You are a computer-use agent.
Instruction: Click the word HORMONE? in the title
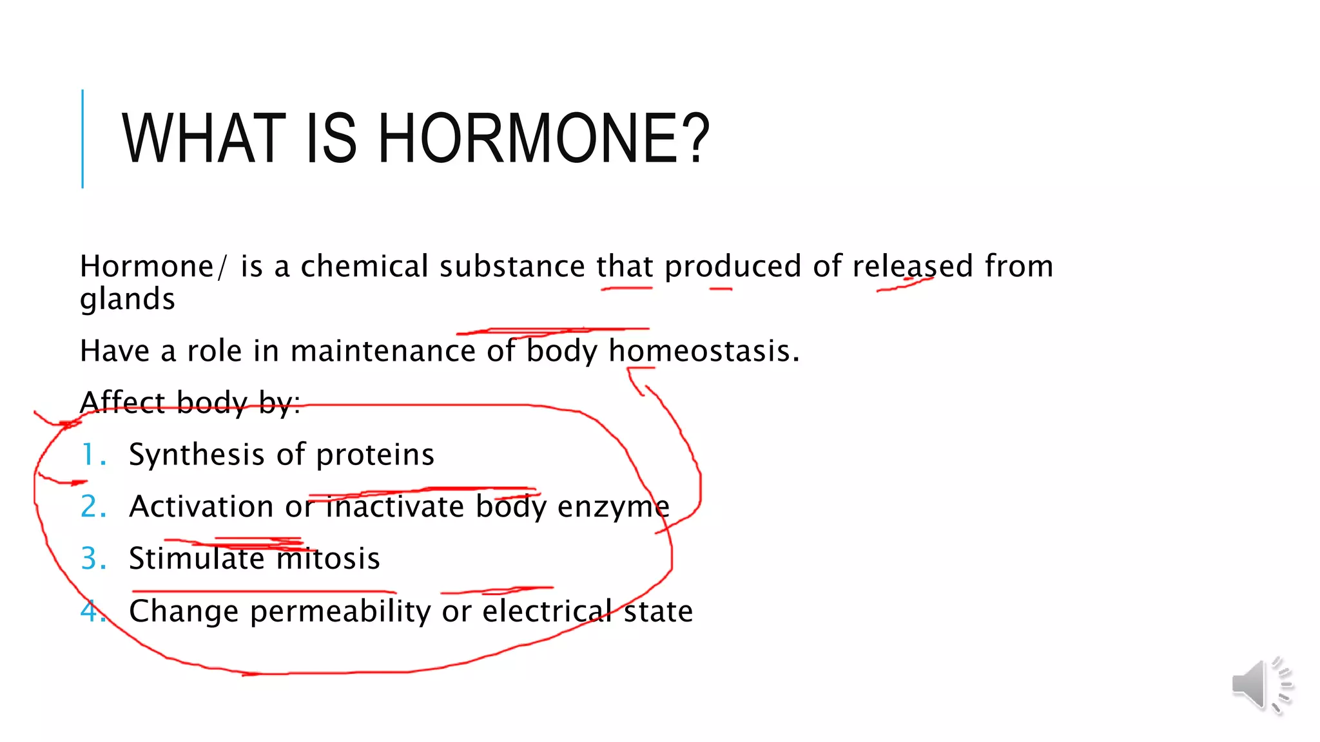tap(543, 138)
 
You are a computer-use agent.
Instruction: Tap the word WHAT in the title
tap(204, 138)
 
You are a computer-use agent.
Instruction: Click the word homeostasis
tap(703, 351)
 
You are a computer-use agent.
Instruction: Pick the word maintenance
tap(382, 351)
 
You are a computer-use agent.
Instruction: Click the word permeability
tap(340, 611)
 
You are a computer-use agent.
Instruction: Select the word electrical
tap(547, 611)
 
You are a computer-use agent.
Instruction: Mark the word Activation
tap(201, 507)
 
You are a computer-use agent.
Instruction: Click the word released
tap(913, 266)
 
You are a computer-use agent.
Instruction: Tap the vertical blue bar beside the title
tap(82, 138)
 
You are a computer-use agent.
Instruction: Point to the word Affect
tap(122, 403)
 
